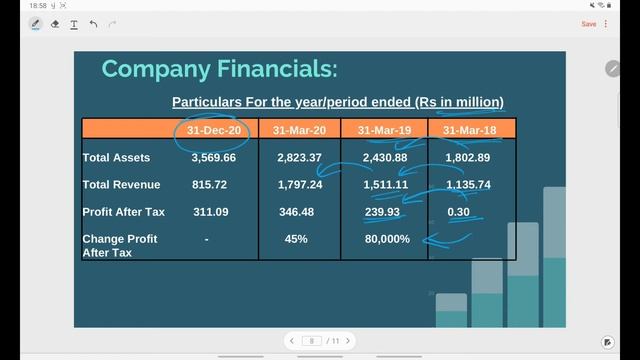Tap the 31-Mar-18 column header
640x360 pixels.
click(473, 130)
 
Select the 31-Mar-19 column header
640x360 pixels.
click(384, 130)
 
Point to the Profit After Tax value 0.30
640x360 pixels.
click(459, 212)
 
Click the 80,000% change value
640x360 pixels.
click(387, 240)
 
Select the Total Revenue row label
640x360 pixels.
click(121, 185)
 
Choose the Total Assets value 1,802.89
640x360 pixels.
click(468, 158)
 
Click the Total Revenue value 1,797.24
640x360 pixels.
click(300, 185)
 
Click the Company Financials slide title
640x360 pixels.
click(219, 69)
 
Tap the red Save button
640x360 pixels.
click(589, 24)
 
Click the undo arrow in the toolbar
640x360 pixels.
click(94, 24)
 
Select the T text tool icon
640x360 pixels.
click(74, 24)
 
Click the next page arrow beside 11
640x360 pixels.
click(348, 341)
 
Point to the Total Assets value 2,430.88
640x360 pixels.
click(385, 158)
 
